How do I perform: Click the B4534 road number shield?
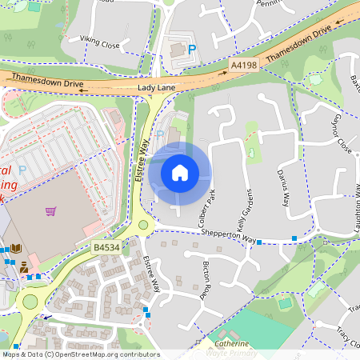(x=106, y=249)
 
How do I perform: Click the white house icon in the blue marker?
(x=180, y=172)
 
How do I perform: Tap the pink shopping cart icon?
(x=51, y=211)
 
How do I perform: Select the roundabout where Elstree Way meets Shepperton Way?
(x=143, y=225)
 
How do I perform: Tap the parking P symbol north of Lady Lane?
(x=192, y=50)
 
